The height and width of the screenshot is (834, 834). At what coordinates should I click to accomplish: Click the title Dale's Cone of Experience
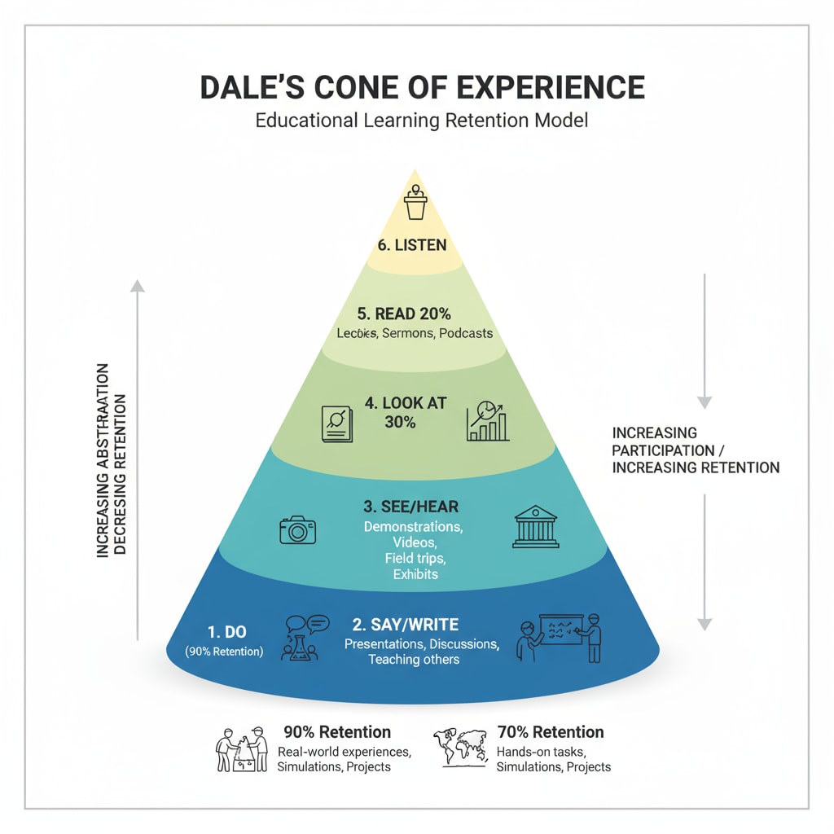[x=422, y=87]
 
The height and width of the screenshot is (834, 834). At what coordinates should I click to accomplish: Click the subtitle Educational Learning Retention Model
[x=421, y=121]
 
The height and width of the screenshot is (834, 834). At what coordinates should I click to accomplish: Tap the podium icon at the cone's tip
[x=416, y=204]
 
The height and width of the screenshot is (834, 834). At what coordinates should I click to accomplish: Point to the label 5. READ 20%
[x=404, y=314]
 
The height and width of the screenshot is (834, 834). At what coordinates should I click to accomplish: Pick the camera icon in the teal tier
[x=297, y=529]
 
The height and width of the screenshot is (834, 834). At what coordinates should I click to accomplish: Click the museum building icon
[x=537, y=527]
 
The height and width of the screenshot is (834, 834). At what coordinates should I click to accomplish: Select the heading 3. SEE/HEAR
[x=411, y=507]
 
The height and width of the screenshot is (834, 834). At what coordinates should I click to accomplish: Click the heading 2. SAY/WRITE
[x=406, y=625]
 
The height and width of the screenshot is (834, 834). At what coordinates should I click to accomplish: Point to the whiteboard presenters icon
[x=560, y=637]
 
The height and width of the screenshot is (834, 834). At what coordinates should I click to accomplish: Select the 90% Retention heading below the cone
[x=337, y=731]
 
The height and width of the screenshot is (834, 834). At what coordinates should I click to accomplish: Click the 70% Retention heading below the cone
[x=550, y=731]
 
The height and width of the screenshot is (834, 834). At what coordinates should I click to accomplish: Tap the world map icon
[x=462, y=747]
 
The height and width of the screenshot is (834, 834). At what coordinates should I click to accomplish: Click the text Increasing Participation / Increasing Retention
[x=695, y=450]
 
